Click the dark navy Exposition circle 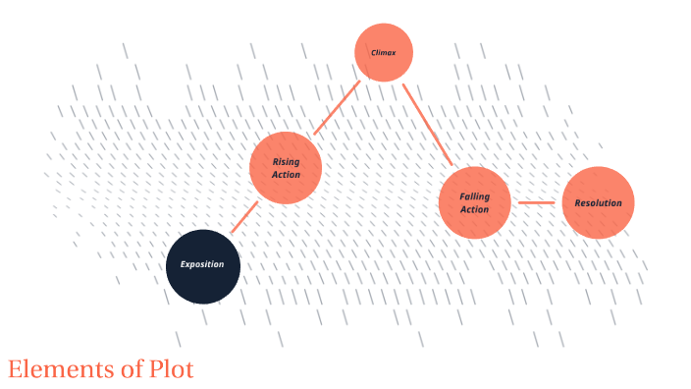pyautogui.click(x=203, y=266)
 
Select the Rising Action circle pyautogui.click(x=286, y=168)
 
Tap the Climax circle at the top pyautogui.click(x=383, y=52)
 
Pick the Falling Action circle pyautogui.click(x=474, y=202)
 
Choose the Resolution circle pyautogui.click(x=598, y=202)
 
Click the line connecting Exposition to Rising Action pyautogui.click(x=244, y=217)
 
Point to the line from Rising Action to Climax pyautogui.click(x=336, y=109)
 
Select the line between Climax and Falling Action pyautogui.click(x=426, y=124)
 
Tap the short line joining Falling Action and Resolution pyautogui.click(x=536, y=203)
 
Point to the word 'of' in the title pyautogui.click(x=129, y=370)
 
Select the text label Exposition pyautogui.click(x=202, y=265)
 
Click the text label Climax pyautogui.click(x=383, y=52)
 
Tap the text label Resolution pyautogui.click(x=598, y=203)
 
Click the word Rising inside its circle pyautogui.click(x=286, y=161)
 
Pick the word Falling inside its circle pyautogui.click(x=474, y=196)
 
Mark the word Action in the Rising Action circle pyautogui.click(x=286, y=175)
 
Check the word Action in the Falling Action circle pyautogui.click(x=474, y=209)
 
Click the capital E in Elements pyautogui.click(x=14, y=370)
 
